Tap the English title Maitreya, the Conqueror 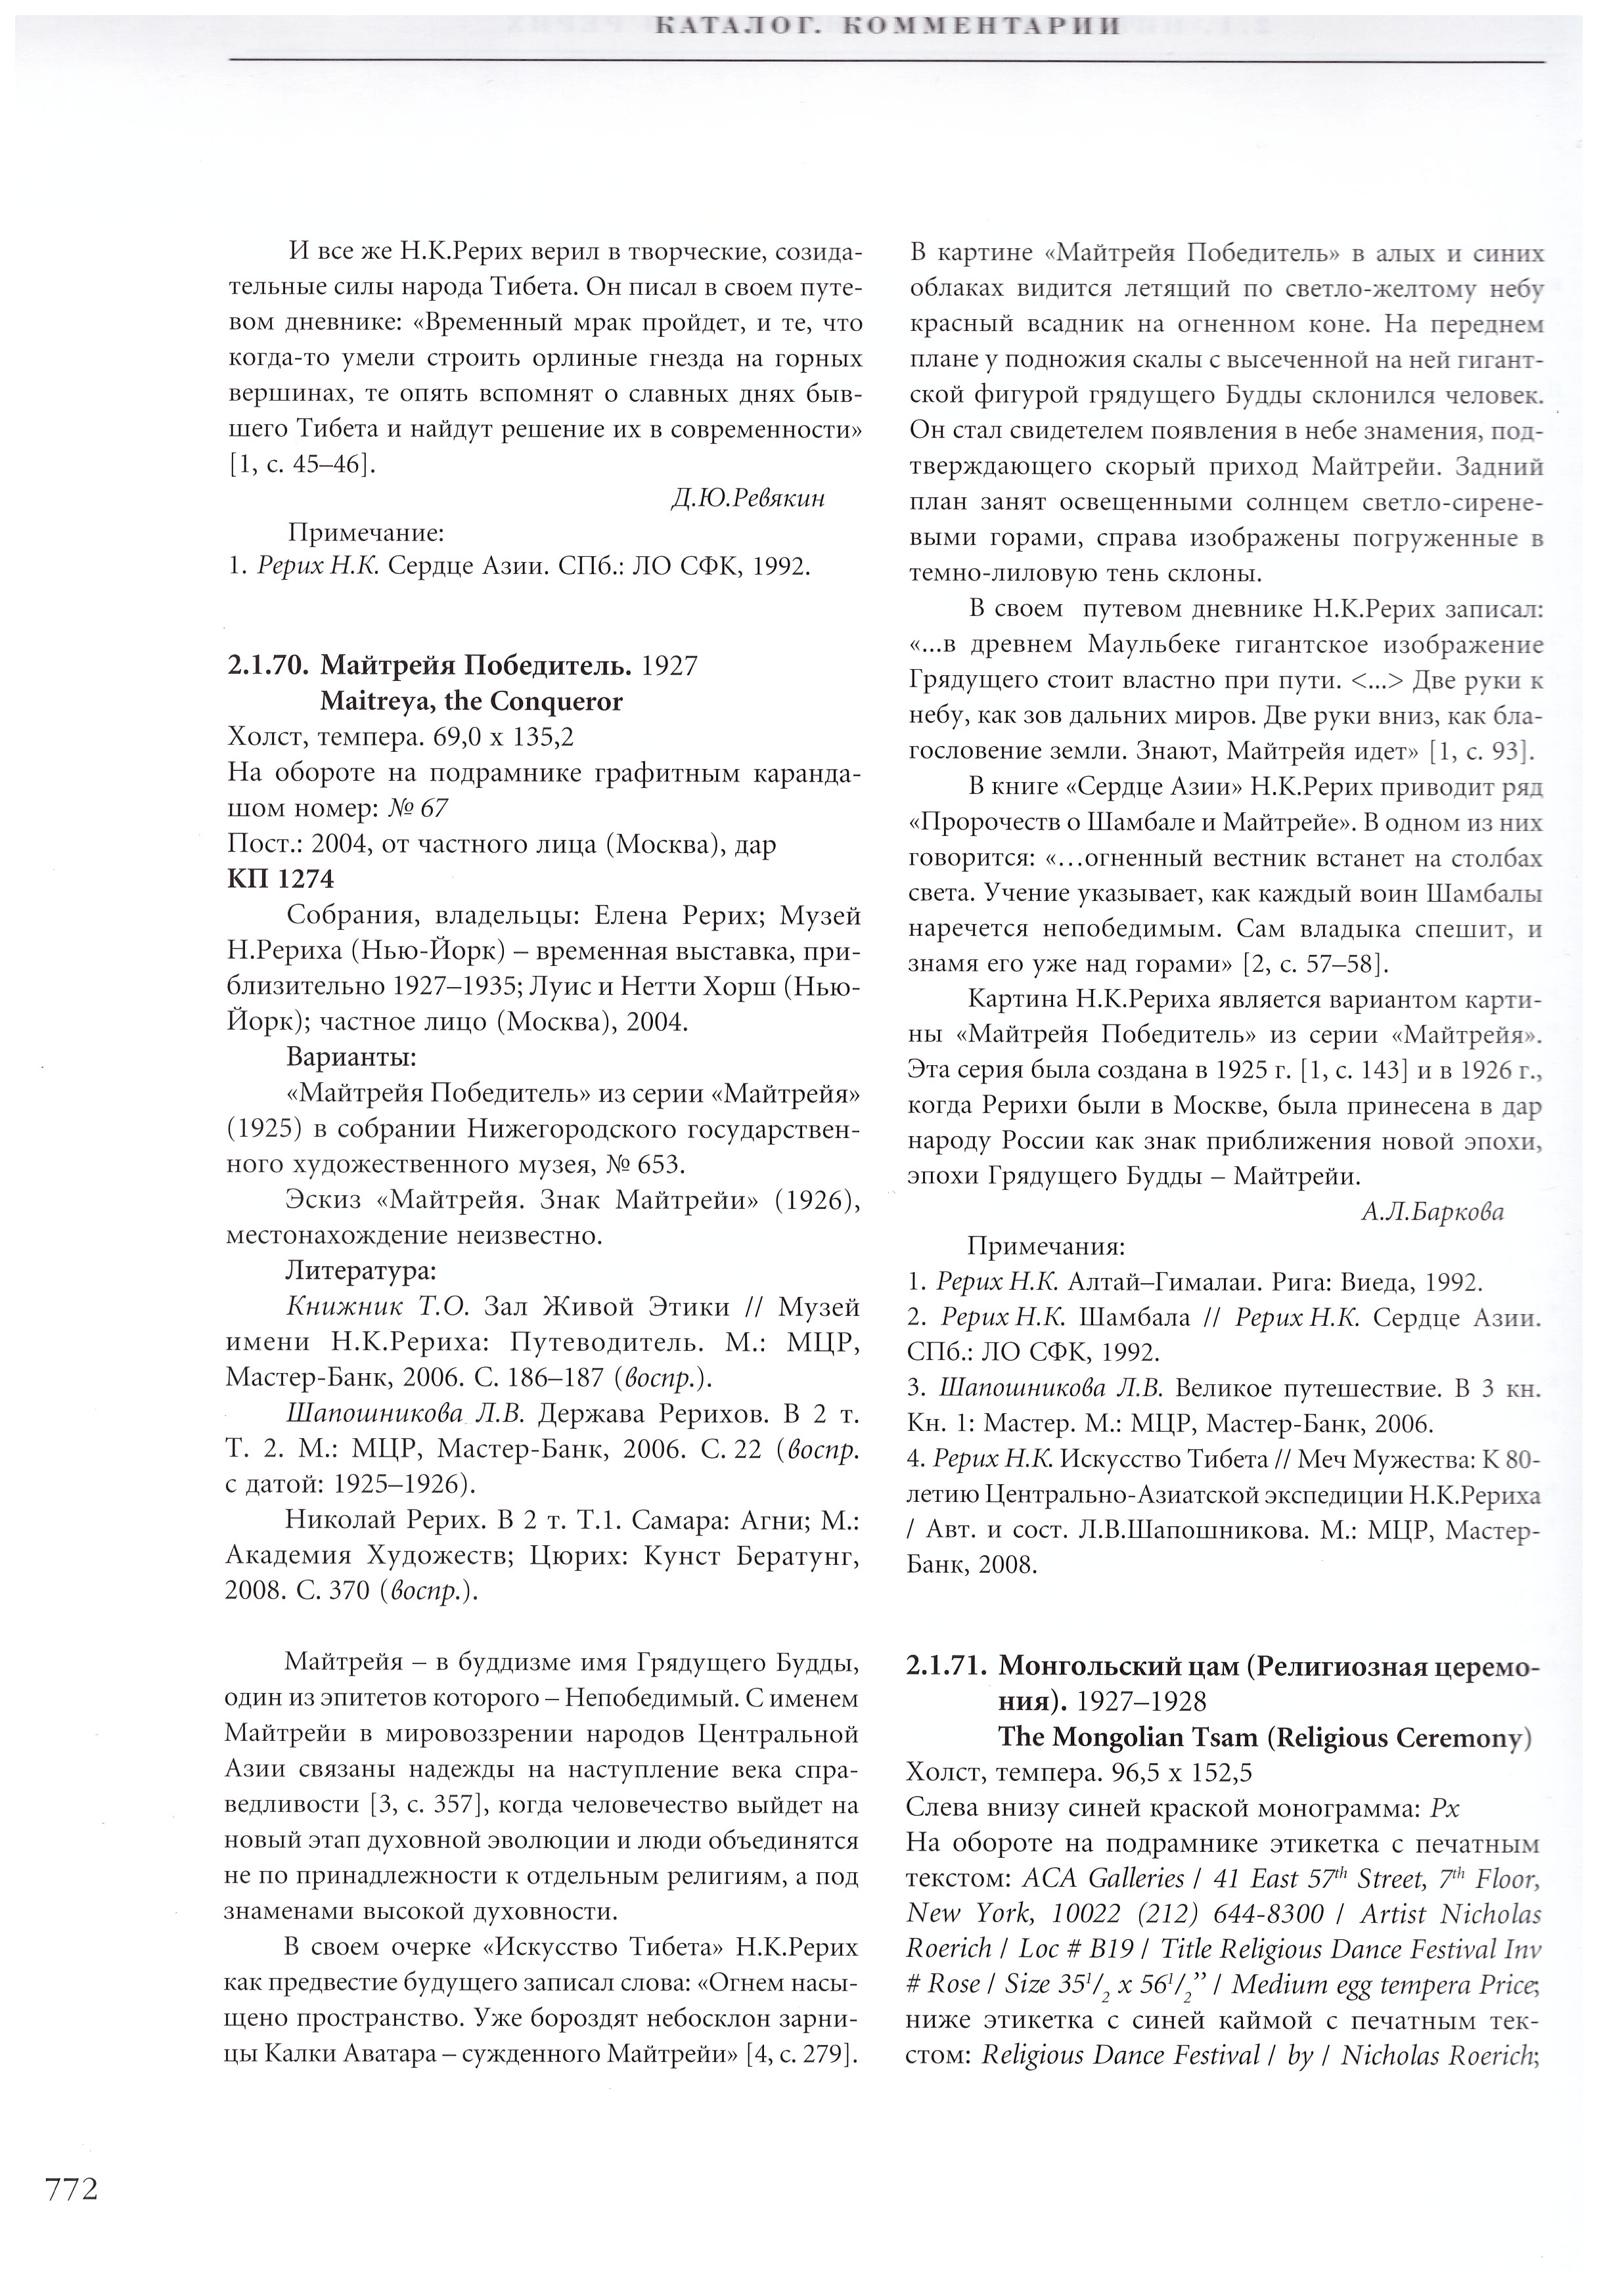point(470,701)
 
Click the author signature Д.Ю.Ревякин point(748,498)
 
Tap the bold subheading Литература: point(359,1270)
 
